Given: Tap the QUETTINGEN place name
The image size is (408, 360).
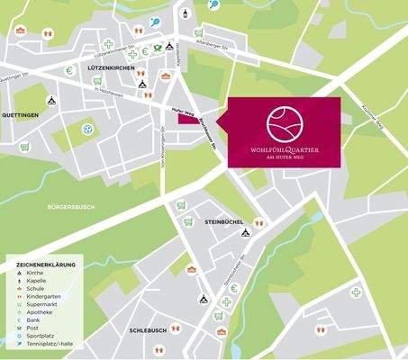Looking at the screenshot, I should coord(20,116).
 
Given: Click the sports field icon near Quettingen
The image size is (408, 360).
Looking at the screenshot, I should coord(88,129).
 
